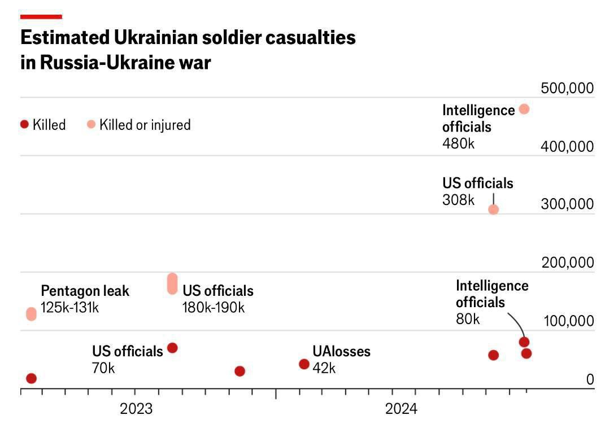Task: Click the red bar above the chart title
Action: pos(41,17)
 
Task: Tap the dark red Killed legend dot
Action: pos(24,124)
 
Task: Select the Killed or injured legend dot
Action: pos(92,124)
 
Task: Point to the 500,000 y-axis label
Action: pos(567,88)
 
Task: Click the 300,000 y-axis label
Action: pos(567,204)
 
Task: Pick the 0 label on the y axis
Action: pos(590,379)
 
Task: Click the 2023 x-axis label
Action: pos(136,408)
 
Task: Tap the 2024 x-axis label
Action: pos(401,408)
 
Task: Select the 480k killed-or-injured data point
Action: pos(524,109)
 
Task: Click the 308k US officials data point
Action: pos(493,209)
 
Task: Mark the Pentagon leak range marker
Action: pos(31,314)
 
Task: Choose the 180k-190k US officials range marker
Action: pos(172,283)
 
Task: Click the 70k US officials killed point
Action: pos(172,348)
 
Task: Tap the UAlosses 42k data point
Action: pos(304,364)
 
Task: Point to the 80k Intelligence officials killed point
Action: pos(524,342)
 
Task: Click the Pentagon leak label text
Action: pos(85,291)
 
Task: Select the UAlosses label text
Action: pos(341,351)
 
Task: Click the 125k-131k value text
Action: pos(70,308)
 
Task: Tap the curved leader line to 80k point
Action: pos(516,322)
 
